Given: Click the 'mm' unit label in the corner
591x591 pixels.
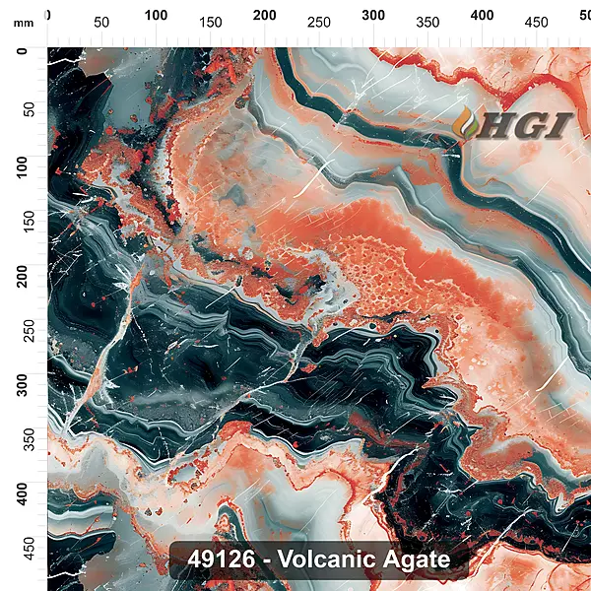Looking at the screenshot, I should click(x=24, y=22).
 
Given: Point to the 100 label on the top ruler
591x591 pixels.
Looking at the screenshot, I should click(x=156, y=15).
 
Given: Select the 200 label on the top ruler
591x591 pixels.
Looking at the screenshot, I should click(x=264, y=15).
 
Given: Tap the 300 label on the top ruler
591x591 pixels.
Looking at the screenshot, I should click(x=373, y=15).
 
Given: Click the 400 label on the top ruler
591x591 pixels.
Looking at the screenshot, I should click(x=482, y=15).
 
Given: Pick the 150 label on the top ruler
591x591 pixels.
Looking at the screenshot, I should click(x=210, y=22).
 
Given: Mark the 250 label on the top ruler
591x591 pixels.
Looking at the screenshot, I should click(x=318, y=22).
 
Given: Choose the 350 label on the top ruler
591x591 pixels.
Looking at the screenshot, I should click(x=427, y=22).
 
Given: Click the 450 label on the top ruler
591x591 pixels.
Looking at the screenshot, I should click(x=536, y=22).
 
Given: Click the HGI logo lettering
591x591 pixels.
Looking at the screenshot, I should click(x=527, y=125).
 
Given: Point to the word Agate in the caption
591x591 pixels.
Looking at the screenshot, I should click(x=417, y=559).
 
